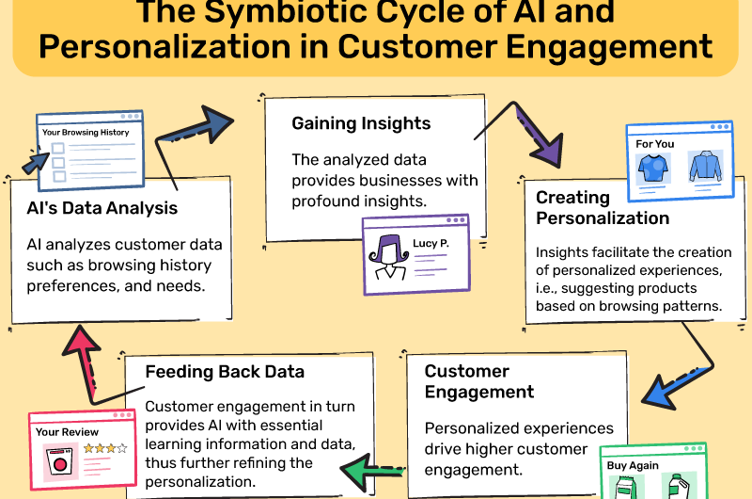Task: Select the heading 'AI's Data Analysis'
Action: tap(102, 208)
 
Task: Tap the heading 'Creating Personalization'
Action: tap(603, 207)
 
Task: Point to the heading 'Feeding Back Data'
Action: tap(225, 371)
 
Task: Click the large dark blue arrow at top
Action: tap(201, 131)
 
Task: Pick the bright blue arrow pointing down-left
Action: tap(671, 387)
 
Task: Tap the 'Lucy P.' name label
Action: tap(431, 244)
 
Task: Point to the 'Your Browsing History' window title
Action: tap(86, 133)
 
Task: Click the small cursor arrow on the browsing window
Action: tap(35, 163)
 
